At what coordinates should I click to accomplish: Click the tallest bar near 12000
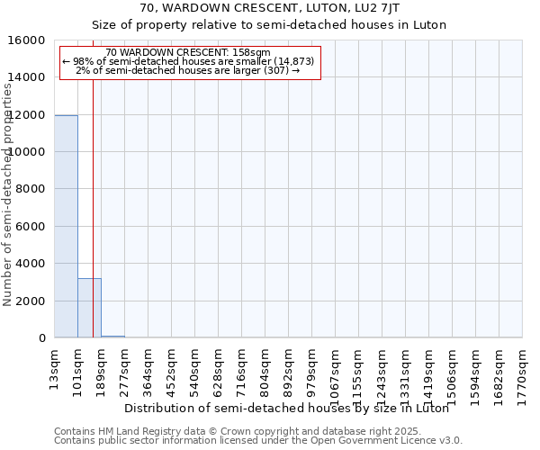pos(66,226)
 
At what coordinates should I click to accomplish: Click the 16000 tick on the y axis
pos(30,40)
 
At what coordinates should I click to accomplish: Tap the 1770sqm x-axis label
pos(522,366)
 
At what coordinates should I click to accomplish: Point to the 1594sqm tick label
pos(475,366)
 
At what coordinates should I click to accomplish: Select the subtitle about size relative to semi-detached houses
pos(269,24)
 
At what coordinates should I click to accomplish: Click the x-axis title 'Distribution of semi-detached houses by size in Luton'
pos(286,408)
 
